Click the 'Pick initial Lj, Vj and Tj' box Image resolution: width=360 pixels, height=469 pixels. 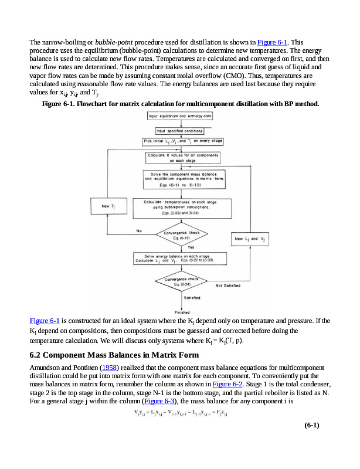tap(182, 141)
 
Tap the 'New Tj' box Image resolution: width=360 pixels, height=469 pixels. tap(107, 206)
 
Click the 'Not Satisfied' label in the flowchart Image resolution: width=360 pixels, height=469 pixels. tap(229, 286)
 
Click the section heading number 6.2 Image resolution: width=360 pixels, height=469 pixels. tap(36, 355)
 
